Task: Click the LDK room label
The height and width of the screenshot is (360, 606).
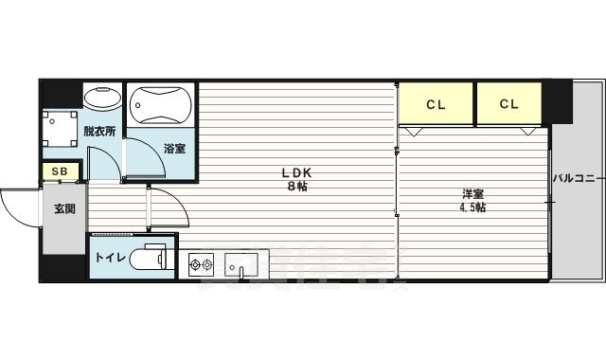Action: [294, 172]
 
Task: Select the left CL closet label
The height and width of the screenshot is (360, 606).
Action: [436, 103]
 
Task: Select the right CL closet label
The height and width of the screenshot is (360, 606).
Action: [508, 103]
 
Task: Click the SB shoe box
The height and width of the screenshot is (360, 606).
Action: [59, 171]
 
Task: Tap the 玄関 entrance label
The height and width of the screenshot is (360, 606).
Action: [64, 209]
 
